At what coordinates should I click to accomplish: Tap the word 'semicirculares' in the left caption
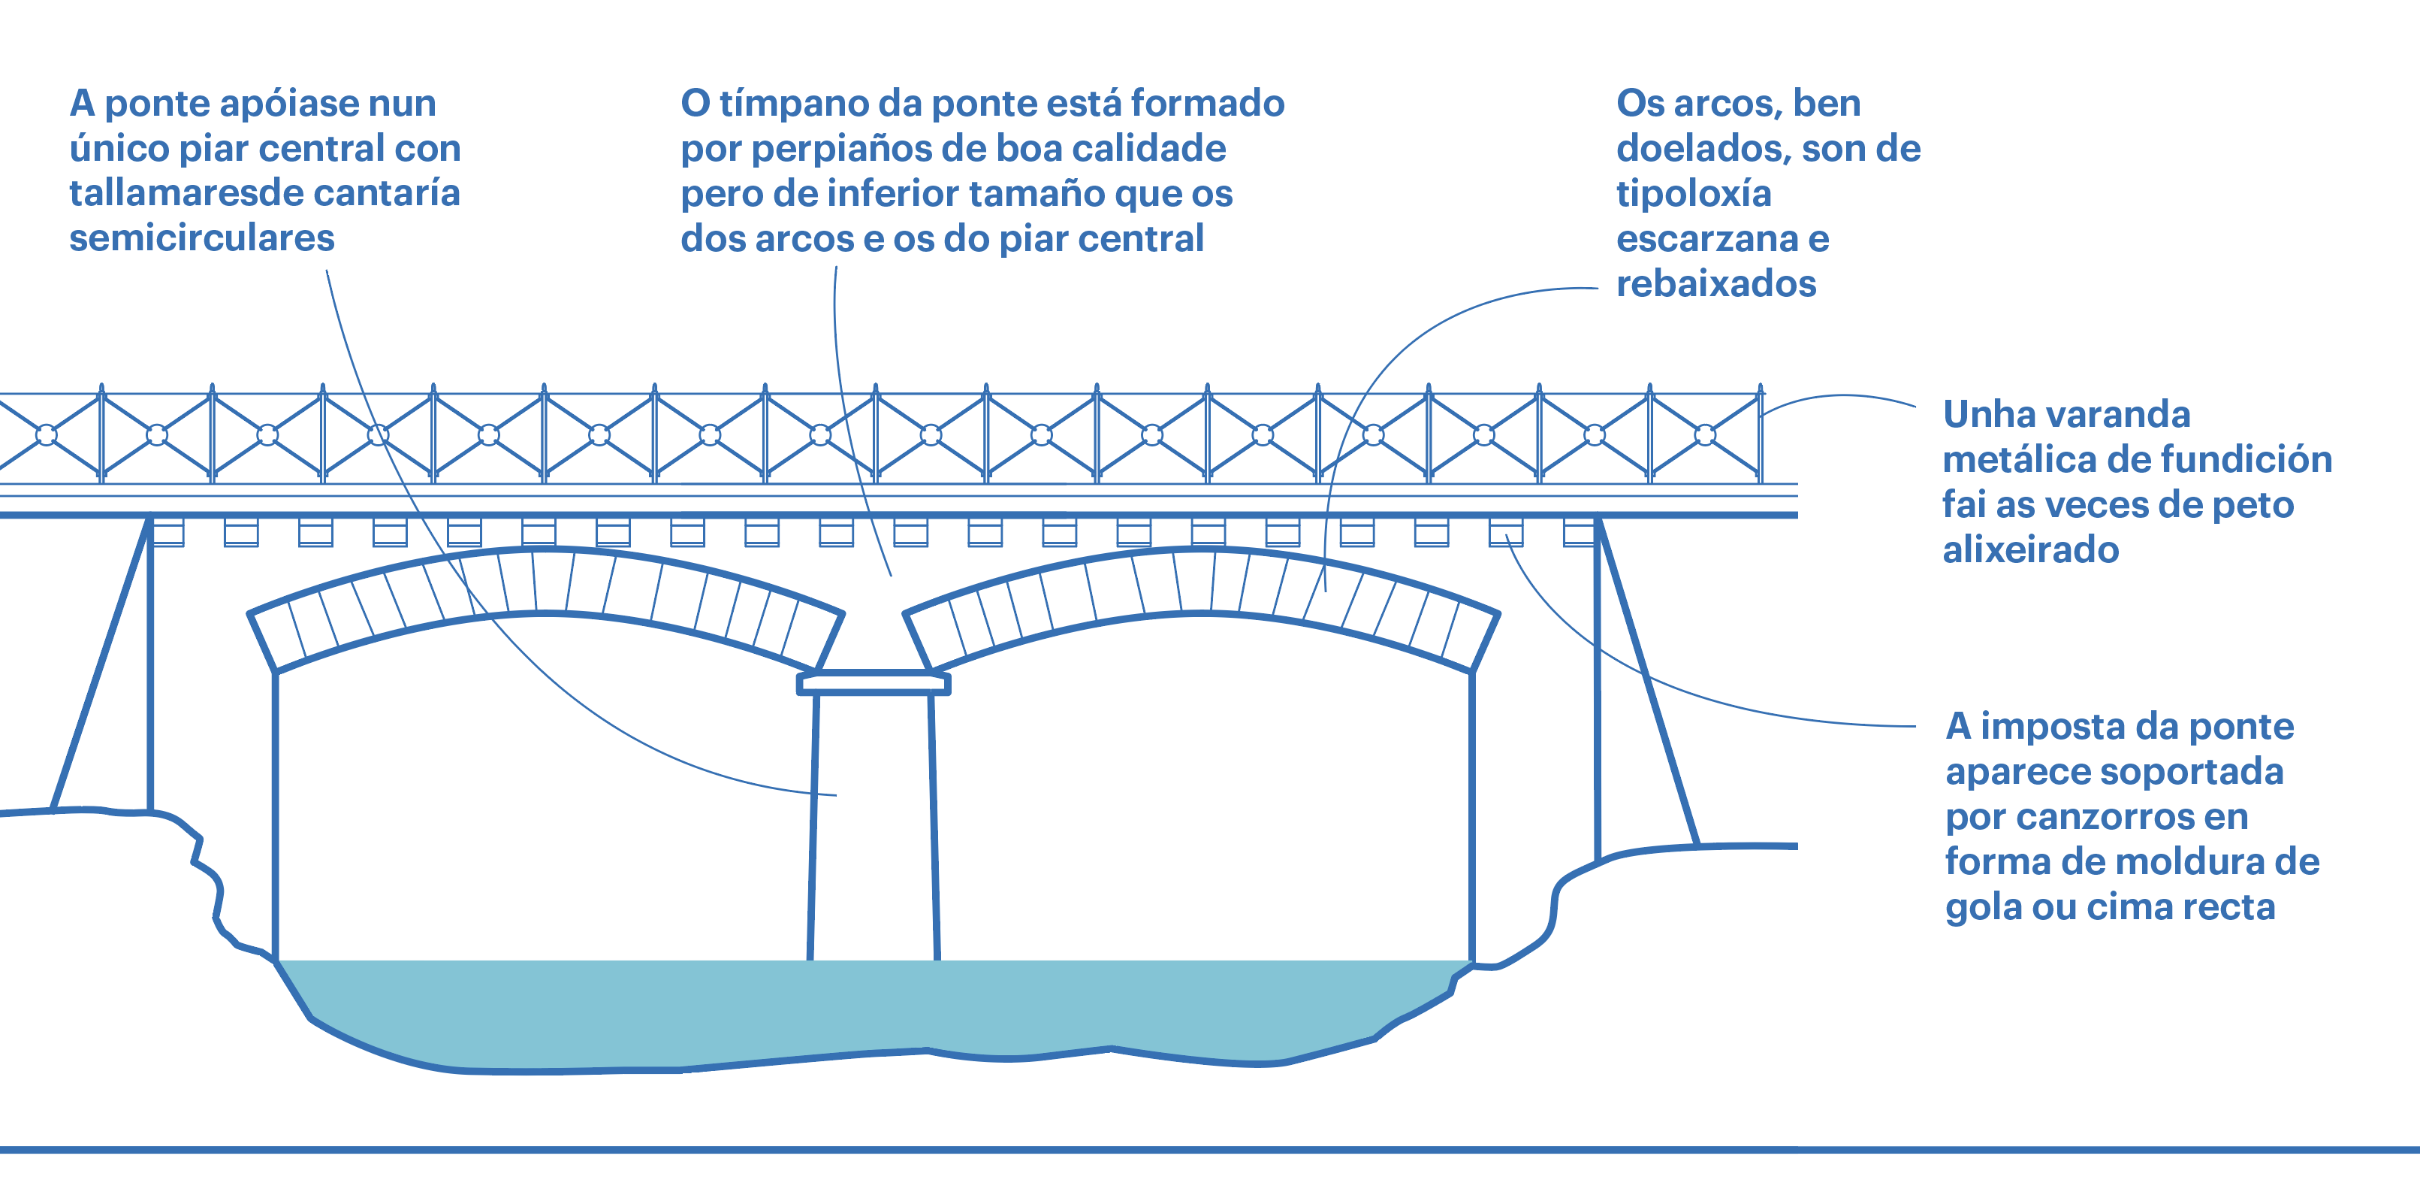tap(202, 239)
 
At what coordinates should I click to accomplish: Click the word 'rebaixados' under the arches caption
tap(1715, 284)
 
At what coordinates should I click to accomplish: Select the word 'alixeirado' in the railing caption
tap(2030, 549)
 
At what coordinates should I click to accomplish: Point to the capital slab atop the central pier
tap(874, 683)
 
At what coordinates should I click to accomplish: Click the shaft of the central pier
tap(874, 827)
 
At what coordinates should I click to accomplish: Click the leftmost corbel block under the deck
tap(168, 533)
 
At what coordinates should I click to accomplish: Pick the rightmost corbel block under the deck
tap(1580, 533)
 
